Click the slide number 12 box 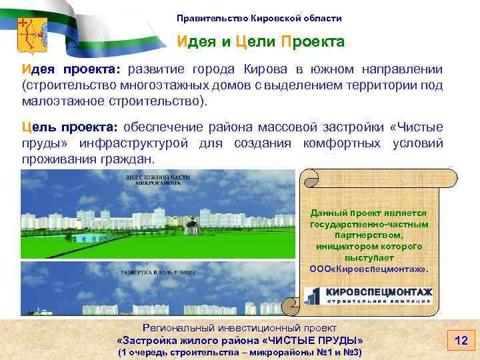460,341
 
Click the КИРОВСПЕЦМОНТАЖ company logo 369,295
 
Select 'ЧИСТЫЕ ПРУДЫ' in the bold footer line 313,340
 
